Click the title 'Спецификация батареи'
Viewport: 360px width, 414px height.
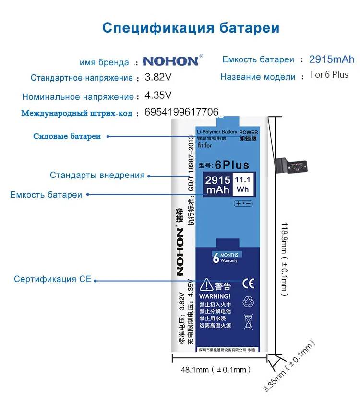191,27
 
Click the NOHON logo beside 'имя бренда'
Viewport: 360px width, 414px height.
170,61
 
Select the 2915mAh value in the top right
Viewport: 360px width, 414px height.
332,59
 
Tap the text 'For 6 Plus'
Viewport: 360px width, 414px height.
329,75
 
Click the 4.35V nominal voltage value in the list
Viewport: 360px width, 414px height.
158,95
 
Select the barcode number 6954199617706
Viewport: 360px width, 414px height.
181,112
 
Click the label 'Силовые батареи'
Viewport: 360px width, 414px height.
67,136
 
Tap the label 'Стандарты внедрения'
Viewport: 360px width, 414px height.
97,175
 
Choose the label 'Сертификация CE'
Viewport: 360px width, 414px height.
52,279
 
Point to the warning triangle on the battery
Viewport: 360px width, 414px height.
207,285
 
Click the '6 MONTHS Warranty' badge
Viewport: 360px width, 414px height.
226,258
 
